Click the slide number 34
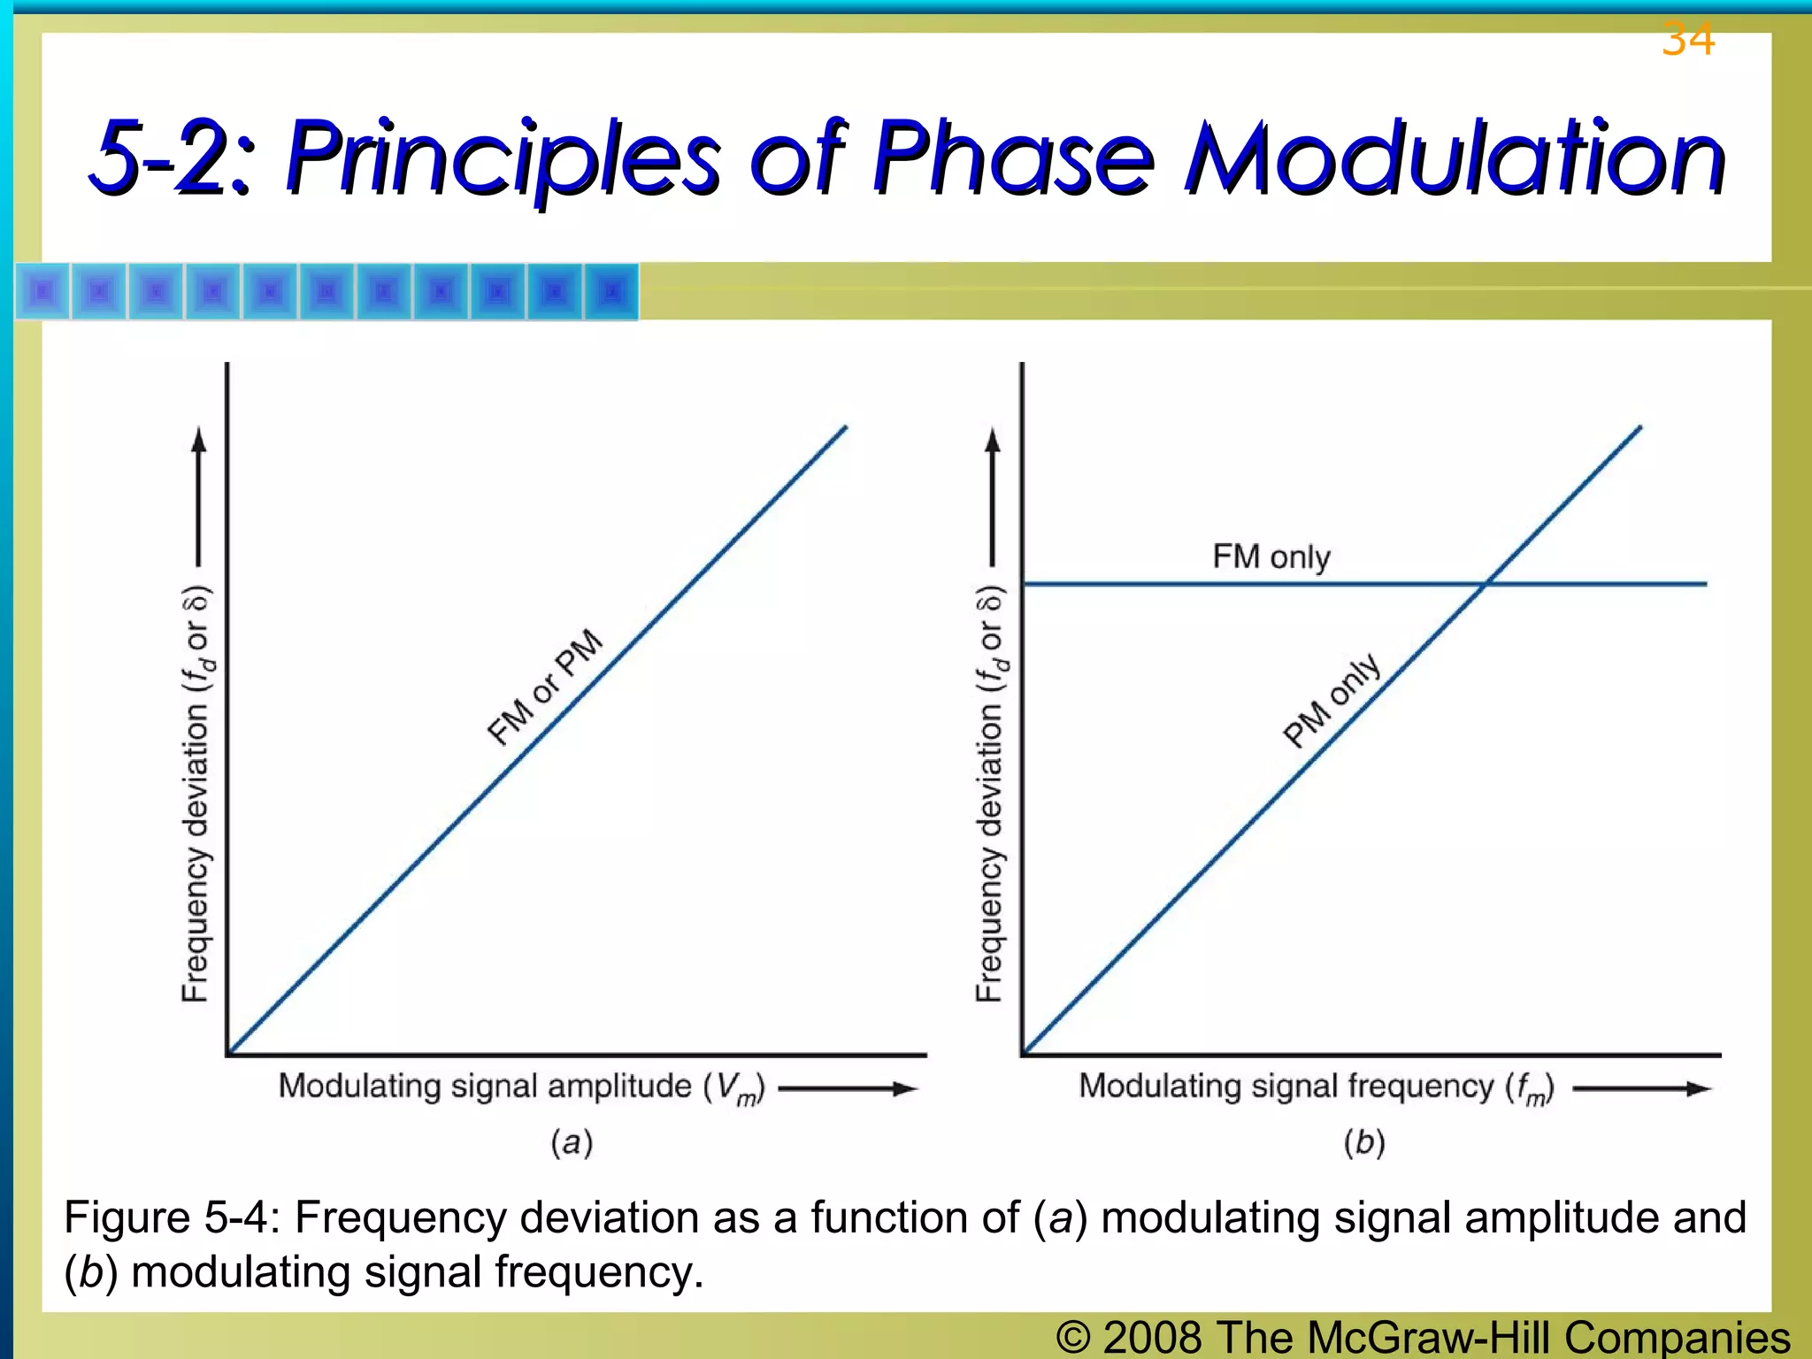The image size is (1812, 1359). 1688,40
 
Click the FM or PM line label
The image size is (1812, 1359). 545,688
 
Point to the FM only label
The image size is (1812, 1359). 1271,557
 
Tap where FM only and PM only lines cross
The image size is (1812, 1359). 1486,584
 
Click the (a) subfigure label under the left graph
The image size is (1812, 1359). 572,1142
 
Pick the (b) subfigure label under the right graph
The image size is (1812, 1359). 1364,1142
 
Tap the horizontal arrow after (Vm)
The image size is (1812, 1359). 848,1088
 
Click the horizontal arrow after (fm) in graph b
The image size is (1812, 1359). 1641,1088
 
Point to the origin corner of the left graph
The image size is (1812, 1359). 228,1054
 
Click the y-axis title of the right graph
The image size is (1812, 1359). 990,794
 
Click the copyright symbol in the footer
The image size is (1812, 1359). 1073,1336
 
